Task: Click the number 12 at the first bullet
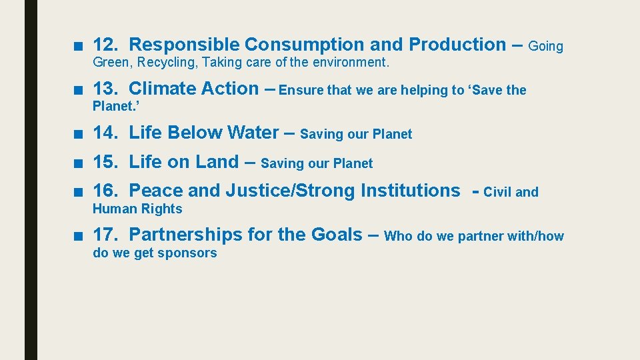(103, 45)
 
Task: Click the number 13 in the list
(103, 88)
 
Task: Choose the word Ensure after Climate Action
(301, 90)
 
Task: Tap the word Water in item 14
(253, 132)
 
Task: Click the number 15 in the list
(103, 161)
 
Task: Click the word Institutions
(410, 191)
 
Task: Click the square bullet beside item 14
(79, 133)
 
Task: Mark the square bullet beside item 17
(79, 236)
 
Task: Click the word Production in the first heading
(457, 45)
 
